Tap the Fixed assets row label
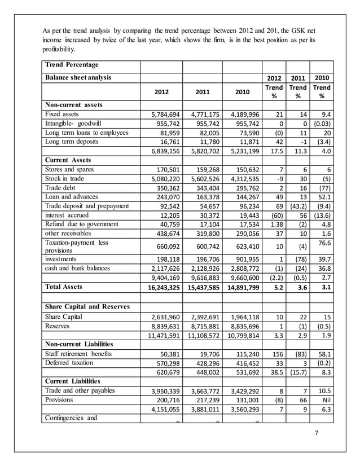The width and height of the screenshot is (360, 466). (x=63, y=114)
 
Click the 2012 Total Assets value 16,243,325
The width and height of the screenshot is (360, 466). (x=160, y=287)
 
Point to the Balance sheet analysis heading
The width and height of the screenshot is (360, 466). (x=78, y=77)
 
